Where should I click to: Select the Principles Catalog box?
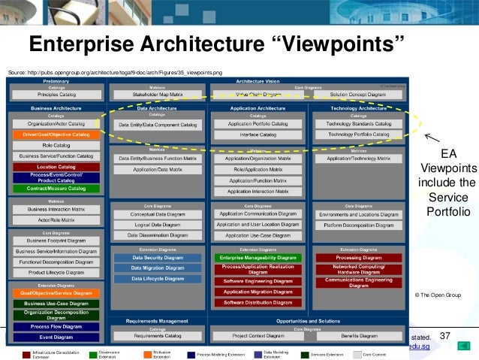[58, 95]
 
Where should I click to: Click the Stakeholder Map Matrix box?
[158, 95]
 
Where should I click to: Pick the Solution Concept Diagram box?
[357, 95]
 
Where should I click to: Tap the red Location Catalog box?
[58, 166]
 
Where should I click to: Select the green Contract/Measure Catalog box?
[58, 188]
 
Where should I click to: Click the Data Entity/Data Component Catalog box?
[158, 123]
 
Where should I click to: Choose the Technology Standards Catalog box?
[357, 123]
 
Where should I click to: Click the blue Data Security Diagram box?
[158, 257]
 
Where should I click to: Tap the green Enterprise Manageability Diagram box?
[258, 257]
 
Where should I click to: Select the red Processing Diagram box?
[357, 257]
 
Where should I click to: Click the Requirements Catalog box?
[158, 336]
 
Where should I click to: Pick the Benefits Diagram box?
[357, 336]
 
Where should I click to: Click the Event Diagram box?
[58, 337]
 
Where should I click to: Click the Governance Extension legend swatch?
[93, 354]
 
